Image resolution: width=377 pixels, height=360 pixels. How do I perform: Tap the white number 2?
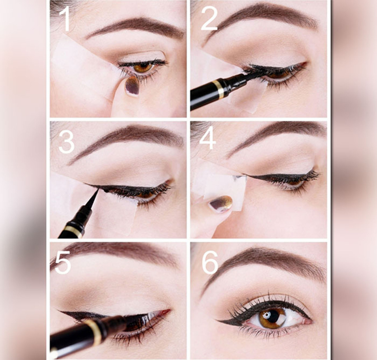[209, 19]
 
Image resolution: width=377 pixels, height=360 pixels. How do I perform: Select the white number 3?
[67, 142]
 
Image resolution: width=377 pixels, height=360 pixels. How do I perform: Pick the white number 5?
[63, 262]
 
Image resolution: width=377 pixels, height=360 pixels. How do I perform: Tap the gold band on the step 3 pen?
[74, 231]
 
